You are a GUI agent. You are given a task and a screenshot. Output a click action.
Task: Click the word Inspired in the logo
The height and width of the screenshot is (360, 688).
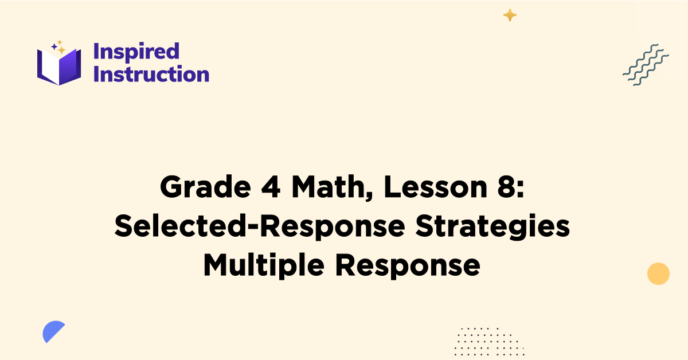click(136, 52)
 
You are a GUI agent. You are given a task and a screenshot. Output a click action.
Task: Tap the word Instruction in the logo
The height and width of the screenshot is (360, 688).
click(151, 75)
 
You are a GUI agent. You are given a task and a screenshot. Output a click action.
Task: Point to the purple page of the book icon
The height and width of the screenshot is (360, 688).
click(69, 67)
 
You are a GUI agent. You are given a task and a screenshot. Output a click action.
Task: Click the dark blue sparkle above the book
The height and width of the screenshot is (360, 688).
click(54, 46)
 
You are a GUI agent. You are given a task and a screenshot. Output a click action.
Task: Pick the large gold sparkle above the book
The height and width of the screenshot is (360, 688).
click(61, 50)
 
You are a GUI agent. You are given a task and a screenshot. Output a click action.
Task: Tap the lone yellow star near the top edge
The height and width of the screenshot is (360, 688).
click(510, 15)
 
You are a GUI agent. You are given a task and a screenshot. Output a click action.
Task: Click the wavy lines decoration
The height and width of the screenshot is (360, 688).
click(646, 65)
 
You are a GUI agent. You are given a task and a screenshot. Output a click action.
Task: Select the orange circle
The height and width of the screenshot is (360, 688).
click(658, 273)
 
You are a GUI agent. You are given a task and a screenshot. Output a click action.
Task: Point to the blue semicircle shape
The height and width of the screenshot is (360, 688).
click(52, 331)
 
